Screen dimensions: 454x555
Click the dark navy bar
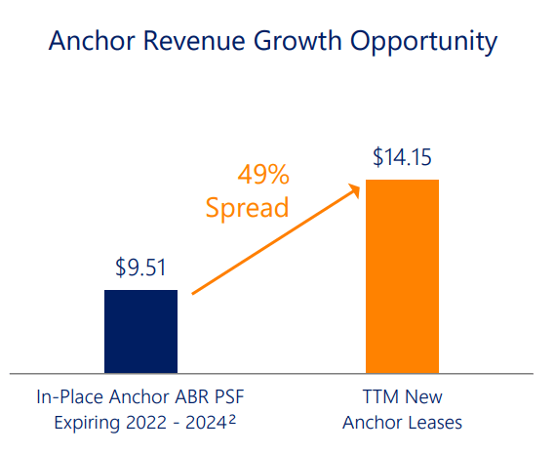pos(140,331)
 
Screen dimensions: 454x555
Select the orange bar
pos(402,275)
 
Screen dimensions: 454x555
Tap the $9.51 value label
pos(140,267)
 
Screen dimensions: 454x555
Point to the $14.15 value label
pos(402,156)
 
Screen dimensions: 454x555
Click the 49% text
pos(263,176)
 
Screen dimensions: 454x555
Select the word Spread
pos(247,208)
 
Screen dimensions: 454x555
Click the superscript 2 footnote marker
pos(235,420)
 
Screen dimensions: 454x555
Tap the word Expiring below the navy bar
pos(88,424)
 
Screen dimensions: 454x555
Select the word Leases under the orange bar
pos(434,424)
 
